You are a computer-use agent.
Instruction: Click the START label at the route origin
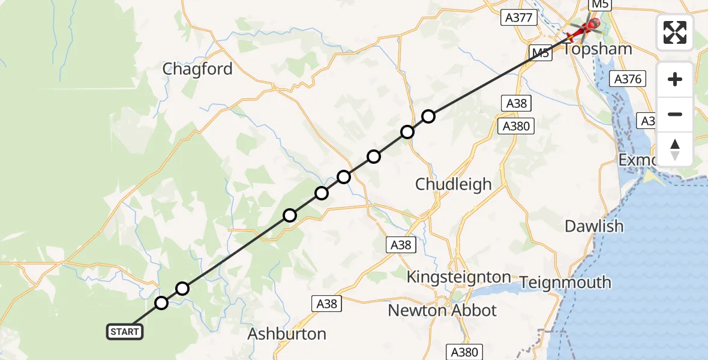(x=125, y=331)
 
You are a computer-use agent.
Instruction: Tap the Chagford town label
(x=197, y=69)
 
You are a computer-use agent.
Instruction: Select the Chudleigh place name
(x=454, y=184)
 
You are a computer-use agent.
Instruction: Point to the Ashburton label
(x=287, y=334)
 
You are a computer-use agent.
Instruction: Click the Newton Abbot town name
(x=442, y=310)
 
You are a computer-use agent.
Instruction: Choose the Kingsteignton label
(x=458, y=277)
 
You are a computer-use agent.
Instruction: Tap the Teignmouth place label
(x=565, y=282)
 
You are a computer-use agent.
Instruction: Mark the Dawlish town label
(x=594, y=226)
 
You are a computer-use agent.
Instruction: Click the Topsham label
(x=598, y=49)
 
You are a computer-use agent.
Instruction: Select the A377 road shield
(x=518, y=17)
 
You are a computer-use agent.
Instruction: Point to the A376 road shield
(x=628, y=79)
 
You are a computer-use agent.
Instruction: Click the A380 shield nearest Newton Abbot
(x=464, y=352)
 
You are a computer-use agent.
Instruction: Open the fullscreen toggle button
(x=675, y=32)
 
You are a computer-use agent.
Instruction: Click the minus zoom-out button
(x=675, y=115)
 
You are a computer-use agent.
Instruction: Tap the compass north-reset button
(x=675, y=149)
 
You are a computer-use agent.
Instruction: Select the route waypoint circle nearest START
(x=161, y=303)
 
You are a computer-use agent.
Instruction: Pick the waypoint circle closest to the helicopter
(x=428, y=116)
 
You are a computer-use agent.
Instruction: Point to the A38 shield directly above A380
(x=516, y=103)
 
